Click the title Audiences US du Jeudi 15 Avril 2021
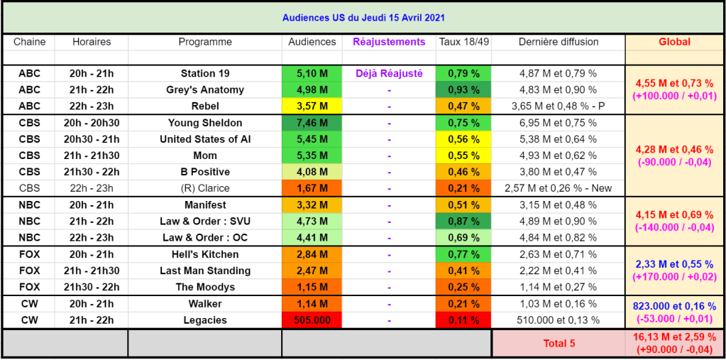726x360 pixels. [363, 17]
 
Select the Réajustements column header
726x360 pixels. [389, 42]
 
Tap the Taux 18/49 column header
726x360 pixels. [463, 42]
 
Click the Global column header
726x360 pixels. [674, 42]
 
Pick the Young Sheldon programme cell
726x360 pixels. [205, 123]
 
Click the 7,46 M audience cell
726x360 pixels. [312, 123]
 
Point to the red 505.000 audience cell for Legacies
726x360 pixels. [312, 320]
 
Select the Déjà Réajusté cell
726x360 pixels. [389, 73]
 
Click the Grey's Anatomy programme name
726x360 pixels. [205, 89]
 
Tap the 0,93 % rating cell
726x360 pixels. [463, 89]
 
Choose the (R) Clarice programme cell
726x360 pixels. [205, 188]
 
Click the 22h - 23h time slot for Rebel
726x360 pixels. [92, 106]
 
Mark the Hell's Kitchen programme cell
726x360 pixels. [205, 254]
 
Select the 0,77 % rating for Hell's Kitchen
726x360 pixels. [463, 254]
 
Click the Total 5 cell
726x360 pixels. [559, 344]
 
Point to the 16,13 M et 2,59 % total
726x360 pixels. [674, 337]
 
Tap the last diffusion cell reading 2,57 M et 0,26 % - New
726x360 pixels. [558, 188]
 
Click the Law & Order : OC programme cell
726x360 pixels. [205, 238]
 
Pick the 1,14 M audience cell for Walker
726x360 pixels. [312, 304]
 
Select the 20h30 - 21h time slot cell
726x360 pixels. [92, 139]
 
